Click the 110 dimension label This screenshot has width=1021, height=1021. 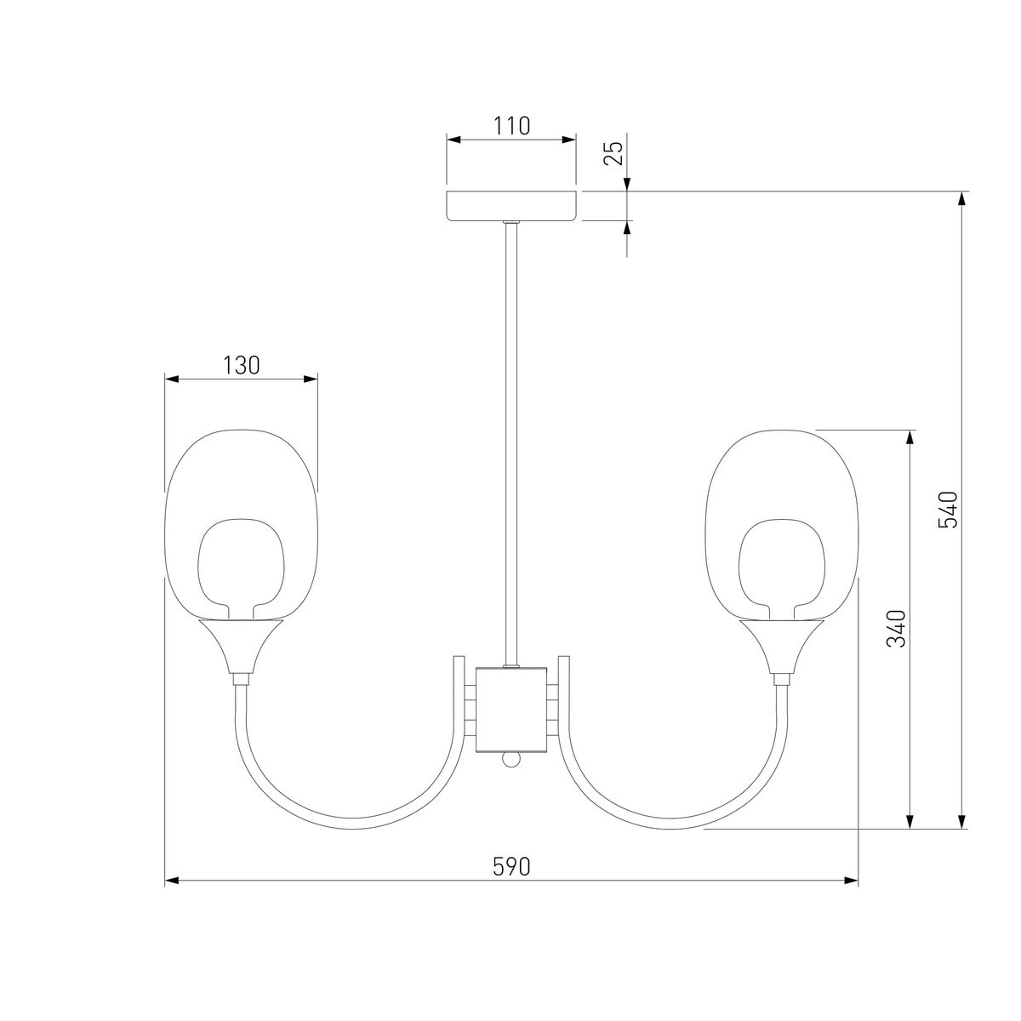point(512,126)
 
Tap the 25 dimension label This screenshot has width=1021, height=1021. point(614,153)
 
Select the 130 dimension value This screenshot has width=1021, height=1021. point(241,366)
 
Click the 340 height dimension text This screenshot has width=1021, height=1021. point(896,629)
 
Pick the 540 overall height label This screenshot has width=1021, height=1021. point(948,510)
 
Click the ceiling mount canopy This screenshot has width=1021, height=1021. point(511,206)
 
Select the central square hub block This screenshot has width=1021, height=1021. point(511,710)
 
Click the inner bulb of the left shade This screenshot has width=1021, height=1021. point(241,568)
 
